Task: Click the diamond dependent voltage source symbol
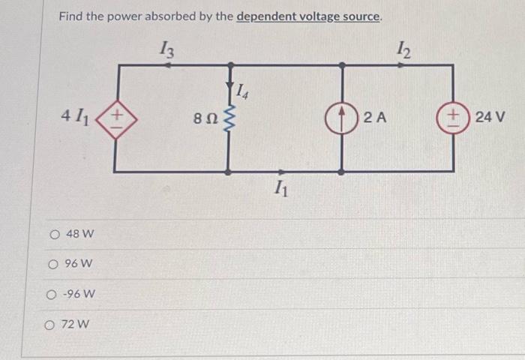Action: pos(118,118)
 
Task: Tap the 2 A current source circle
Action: pos(342,118)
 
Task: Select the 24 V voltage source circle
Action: pos(453,118)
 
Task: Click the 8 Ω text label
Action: pos(205,118)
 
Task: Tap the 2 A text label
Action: pos(374,118)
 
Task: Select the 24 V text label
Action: pos(490,118)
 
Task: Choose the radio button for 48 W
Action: pos(55,235)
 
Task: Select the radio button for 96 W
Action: pos(55,264)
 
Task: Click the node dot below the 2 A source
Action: pos(342,172)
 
